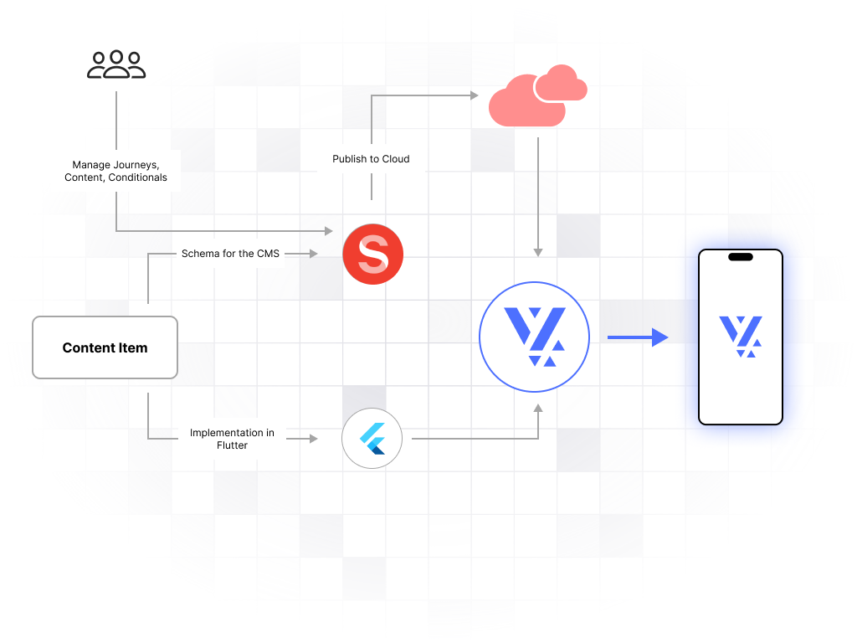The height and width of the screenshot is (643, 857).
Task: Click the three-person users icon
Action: pos(116,65)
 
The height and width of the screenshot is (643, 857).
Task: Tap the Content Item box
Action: pos(105,347)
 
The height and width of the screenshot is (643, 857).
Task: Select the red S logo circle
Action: pos(373,254)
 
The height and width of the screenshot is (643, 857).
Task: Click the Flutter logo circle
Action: pos(372,438)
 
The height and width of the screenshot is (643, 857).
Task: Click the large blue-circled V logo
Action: pos(534,337)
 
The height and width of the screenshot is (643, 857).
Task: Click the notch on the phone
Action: pos(741,257)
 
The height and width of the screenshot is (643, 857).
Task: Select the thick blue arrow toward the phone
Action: pos(637,337)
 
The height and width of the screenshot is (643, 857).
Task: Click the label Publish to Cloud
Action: pos(371,159)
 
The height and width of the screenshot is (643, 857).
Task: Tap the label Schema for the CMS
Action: pos(230,254)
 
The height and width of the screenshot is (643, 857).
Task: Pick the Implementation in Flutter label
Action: pos(232,439)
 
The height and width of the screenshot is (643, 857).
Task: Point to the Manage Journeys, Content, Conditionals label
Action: pos(115,171)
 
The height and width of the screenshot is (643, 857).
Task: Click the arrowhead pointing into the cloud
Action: pos(473,95)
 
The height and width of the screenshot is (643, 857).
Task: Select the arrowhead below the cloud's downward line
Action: pos(538,251)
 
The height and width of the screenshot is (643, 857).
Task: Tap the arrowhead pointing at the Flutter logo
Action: pos(314,439)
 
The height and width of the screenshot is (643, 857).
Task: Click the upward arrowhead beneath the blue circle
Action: pos(538,408)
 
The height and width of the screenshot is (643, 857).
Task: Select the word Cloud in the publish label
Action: pos(394,159)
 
